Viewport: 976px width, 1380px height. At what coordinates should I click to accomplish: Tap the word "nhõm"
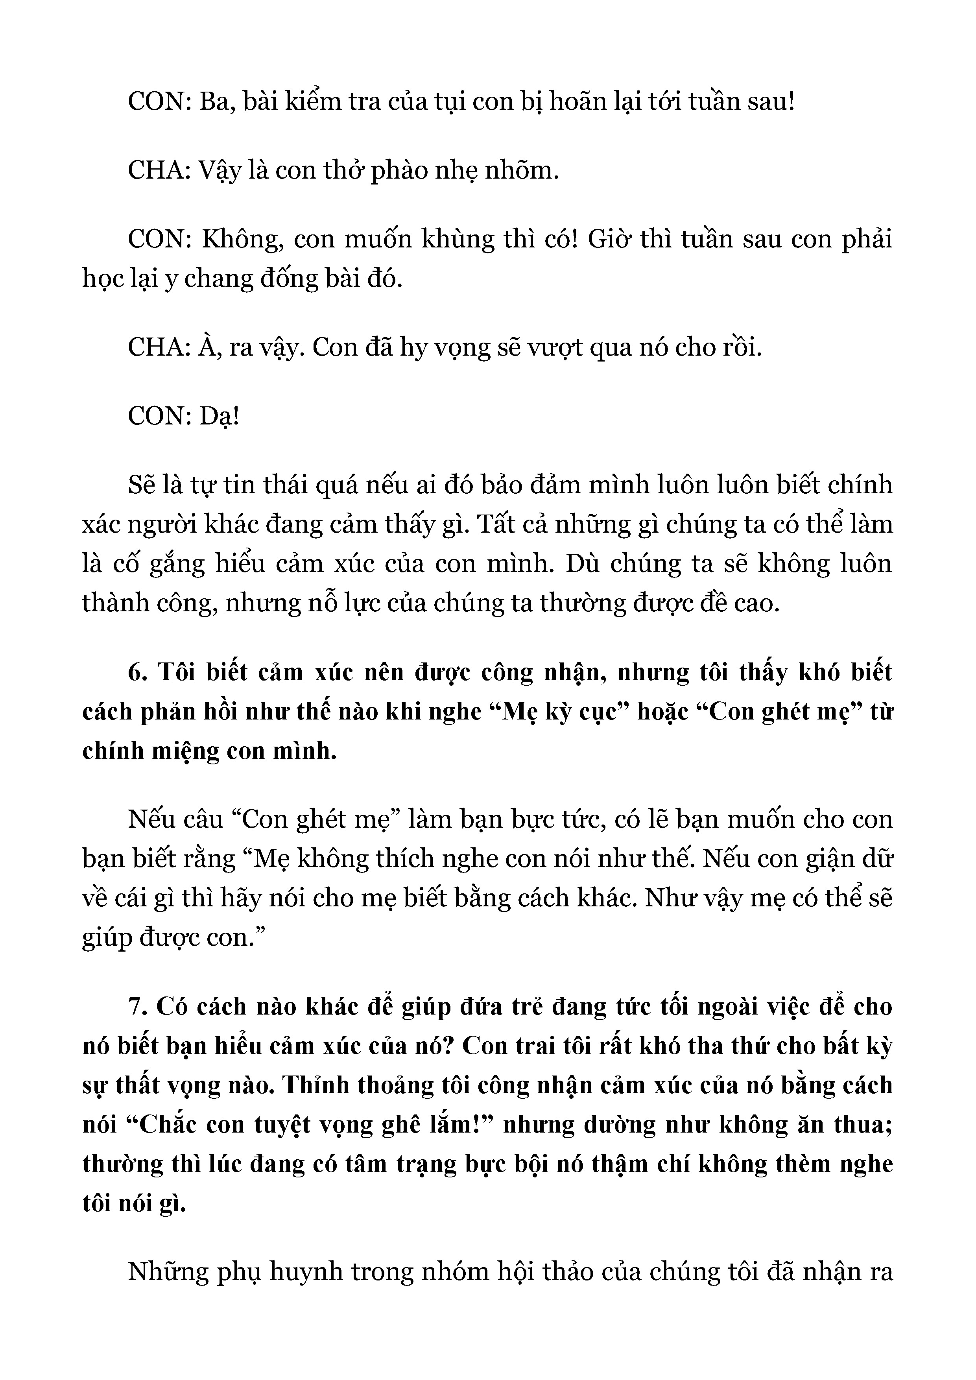point(527,171)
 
